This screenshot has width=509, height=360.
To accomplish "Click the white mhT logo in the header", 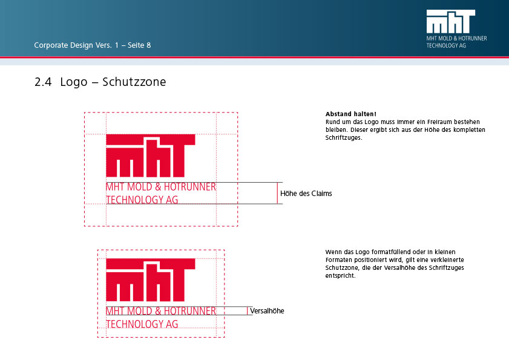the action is pyautogui.click(x=450, y=21).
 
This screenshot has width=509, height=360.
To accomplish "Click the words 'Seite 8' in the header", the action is pyautogui.click(x=139, y=45).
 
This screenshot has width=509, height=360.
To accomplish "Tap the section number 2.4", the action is pyautogui.click(x=43, y=82).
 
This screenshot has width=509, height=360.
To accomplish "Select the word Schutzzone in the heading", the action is pyautogui.click(x=134, y=82).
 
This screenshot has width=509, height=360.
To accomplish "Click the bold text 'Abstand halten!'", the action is pyautogui.click(x=351, y=114).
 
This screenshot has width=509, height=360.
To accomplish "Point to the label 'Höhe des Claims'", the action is pyautogui.click(x=306, y=194).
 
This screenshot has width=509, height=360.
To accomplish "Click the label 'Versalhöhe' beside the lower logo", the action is pyautogui.click(x=267, y=311).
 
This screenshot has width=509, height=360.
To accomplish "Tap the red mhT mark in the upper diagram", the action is pyautogui.click(x=151, y=156).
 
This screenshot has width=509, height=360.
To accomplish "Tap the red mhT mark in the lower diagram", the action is pyautogui.click(x=151, y=280).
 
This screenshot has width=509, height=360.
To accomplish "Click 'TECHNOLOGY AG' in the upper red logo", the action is pyautogui.click(x=142, y=200).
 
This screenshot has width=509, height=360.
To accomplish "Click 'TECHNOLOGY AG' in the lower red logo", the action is pyautogui.click(x=142, y=324).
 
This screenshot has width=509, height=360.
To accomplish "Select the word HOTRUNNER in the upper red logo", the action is pyautogui.click(x=189, y=186).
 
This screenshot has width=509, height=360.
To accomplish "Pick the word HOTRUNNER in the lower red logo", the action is pyautogui.click(x=189, y=311).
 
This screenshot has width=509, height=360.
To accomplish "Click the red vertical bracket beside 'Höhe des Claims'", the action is pyautogui.click(x=277, y=193).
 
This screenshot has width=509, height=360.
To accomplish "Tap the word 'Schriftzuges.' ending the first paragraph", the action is pyautogui.click(x=344, y=137).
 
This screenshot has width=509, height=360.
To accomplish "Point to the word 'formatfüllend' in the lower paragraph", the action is pyautogui.click(x=391, y=252).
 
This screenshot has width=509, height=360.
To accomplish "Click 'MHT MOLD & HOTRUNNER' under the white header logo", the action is pyautogui.click(x=457, y=38).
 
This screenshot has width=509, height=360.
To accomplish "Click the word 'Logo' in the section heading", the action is pyautogui.click(x=74, y=82).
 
